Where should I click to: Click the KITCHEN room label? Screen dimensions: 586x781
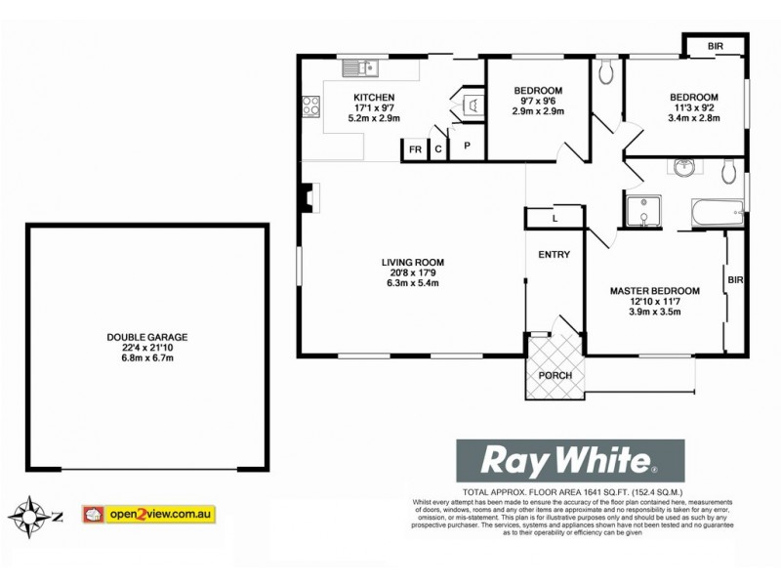point(374,97)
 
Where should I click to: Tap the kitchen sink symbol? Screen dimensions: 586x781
point(360,68)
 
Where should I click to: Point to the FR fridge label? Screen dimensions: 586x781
point(415,149)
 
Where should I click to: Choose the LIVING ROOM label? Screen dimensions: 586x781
point(413,262)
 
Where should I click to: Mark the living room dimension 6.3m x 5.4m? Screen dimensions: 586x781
point(413,284)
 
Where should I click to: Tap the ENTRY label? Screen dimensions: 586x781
point(554,255)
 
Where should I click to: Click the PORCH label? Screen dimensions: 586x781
point(555,376)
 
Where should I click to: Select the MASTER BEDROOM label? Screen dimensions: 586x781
point(655,291)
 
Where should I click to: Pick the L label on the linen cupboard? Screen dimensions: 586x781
point(555,219)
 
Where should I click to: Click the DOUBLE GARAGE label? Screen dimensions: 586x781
point(147,337)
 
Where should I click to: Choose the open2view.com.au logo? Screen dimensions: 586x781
point(149,513)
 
